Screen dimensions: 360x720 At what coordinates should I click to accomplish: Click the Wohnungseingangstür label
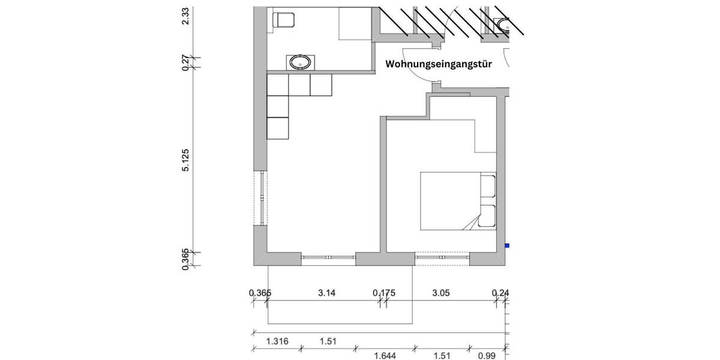click(x=438, y=64)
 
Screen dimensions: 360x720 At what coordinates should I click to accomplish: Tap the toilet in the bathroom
click(x=284, y=20)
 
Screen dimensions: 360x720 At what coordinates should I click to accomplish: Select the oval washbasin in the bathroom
click(x=299, y=62)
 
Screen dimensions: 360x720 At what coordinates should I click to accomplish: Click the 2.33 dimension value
click(x=186, y=15)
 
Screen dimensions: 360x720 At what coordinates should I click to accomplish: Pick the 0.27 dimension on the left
click(x=186, y=62)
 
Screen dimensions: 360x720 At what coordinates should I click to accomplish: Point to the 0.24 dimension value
click(x=500, y=293)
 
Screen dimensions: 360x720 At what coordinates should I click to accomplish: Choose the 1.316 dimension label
click(x=277, y=341)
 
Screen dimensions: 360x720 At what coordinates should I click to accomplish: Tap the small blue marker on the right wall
click(x=506, y=245)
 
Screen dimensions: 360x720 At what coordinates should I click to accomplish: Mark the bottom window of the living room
click(x=328, y=259)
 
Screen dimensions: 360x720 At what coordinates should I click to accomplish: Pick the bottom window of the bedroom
click(x=442, y=259)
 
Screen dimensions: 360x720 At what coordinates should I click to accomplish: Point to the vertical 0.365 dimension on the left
click(x=186, y=259)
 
